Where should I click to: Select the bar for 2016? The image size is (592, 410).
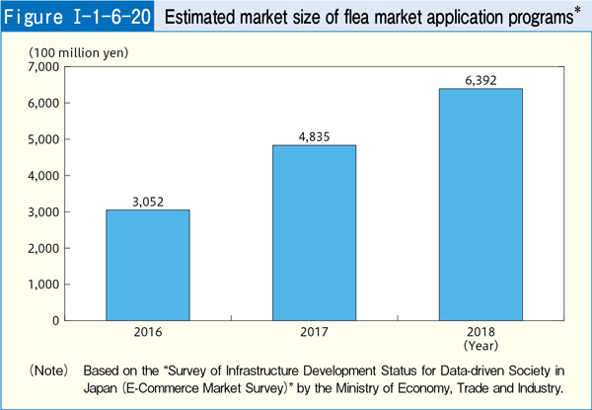tap(148, 265)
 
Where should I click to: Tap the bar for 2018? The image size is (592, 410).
tap(481, 205)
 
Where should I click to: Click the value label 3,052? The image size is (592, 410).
tap(148, 202)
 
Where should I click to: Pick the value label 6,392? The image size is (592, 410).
tap(481, 80)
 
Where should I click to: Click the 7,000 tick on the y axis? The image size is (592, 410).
tap(43, 67)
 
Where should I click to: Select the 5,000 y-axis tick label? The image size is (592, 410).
tap(43, 139)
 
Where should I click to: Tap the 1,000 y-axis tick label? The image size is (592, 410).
tap(43, 285)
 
